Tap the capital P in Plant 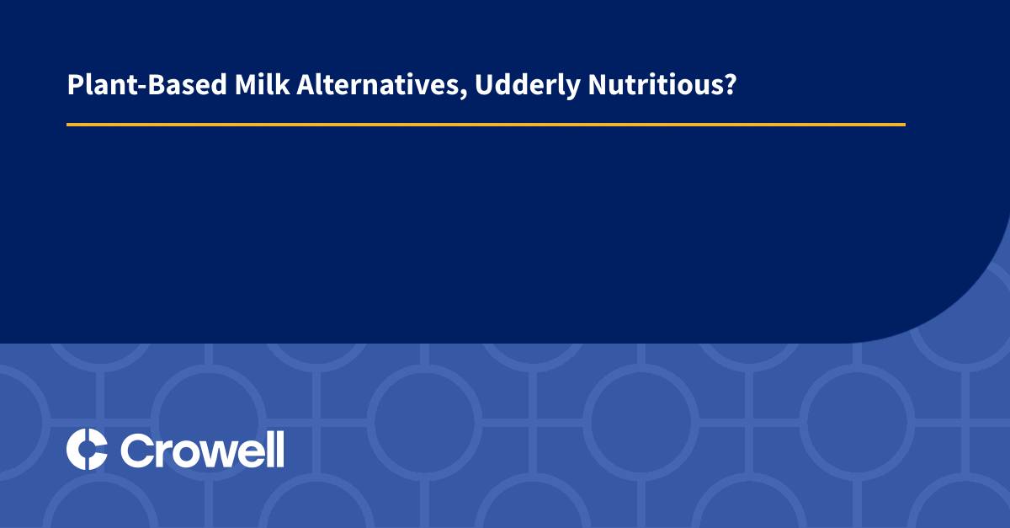[x=74, y=86]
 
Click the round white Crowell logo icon [x=87, y=449]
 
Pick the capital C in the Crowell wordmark [x=137, y=450]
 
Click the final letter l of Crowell [x=279, y=449]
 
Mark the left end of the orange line [x=68, y=125]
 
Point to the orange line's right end [x=904, y=125]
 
